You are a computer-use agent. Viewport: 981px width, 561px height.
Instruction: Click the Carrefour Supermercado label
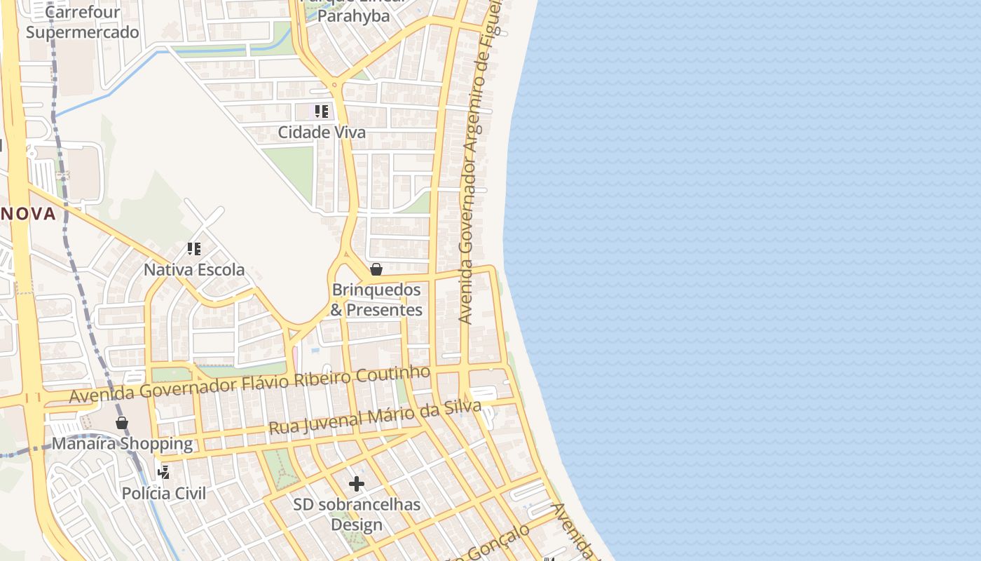[x=82, y=22]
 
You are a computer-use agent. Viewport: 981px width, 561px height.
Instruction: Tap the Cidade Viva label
[x=322, y=132]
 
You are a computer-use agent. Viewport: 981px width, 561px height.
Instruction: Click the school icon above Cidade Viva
[x=322, y=111]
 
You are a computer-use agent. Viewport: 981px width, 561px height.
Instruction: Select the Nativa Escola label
[x=194, y=269]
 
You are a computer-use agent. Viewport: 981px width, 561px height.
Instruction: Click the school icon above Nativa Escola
[x=194, y=248]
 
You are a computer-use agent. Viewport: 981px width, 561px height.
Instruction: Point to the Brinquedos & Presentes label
[x=376, y=299]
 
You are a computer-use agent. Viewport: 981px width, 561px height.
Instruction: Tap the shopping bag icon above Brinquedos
[x=376, y=269]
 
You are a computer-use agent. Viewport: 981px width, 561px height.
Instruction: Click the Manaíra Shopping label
[x=122, y=443]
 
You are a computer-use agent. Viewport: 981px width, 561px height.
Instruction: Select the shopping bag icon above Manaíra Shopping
[x=122, y=422]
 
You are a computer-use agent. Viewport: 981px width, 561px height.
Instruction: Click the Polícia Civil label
[x=164, y=493]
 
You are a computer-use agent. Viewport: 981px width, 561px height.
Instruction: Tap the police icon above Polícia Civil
[x=164, y=472]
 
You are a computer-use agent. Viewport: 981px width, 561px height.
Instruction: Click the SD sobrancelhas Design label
[x=357, y=514]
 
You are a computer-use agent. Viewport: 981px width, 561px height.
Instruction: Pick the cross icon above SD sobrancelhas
[x=357, y=484]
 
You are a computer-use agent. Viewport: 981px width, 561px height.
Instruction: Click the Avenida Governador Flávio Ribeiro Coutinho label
[x=249, y=384]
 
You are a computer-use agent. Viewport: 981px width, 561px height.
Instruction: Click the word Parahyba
[x=354, y=15]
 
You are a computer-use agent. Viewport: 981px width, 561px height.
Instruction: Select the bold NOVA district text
[x=28, y=214]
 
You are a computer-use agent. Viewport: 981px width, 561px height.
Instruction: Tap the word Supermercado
[x=82, y=32]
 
